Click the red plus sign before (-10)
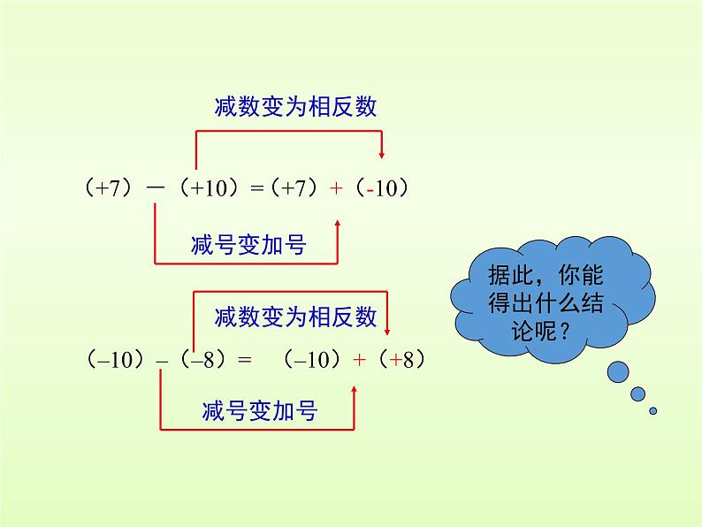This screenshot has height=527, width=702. click(x=337, y=189)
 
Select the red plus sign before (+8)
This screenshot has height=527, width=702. click(x=358, y=360)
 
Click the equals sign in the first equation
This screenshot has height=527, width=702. click(x=257, y=189)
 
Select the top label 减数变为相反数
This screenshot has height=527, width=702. click(x=295, y=107)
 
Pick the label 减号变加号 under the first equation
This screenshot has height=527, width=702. click(x=248, y=245)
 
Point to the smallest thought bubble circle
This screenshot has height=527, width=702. click(x=653, y=410)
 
